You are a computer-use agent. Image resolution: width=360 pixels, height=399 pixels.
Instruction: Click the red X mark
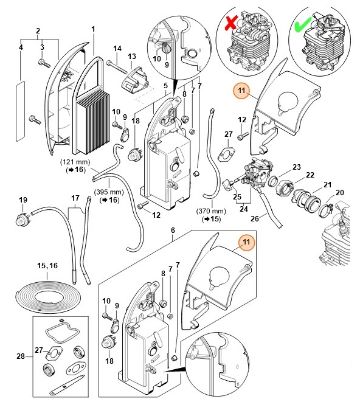231,22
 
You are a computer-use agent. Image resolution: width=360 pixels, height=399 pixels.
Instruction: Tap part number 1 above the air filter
93,29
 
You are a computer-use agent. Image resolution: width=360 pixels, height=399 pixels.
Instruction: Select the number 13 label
132,56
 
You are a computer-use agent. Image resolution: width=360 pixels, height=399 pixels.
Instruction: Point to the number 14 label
117,48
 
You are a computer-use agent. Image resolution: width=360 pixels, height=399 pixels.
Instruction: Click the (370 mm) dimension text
211,211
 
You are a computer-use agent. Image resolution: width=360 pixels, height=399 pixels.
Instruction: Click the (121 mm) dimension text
75,162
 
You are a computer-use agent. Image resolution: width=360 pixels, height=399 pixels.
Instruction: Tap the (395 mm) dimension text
109,192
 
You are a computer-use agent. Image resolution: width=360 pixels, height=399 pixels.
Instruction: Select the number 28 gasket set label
21,356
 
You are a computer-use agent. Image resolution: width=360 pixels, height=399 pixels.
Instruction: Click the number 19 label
23,200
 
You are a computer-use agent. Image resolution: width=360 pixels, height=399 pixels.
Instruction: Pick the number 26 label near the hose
255,218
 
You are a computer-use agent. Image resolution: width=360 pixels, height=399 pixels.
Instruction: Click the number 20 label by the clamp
340,193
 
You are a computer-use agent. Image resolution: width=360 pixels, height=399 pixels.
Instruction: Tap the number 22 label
310,175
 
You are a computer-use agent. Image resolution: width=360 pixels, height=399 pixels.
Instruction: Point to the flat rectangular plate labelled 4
20,111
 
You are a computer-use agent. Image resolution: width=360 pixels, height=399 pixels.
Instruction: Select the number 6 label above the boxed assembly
173,231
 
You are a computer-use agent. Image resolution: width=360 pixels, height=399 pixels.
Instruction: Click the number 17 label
75,198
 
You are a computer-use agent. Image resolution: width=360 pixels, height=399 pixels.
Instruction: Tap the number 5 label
165,86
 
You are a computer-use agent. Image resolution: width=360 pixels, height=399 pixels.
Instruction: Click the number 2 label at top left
38,31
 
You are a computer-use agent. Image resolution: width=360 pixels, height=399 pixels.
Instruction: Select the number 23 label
297,167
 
